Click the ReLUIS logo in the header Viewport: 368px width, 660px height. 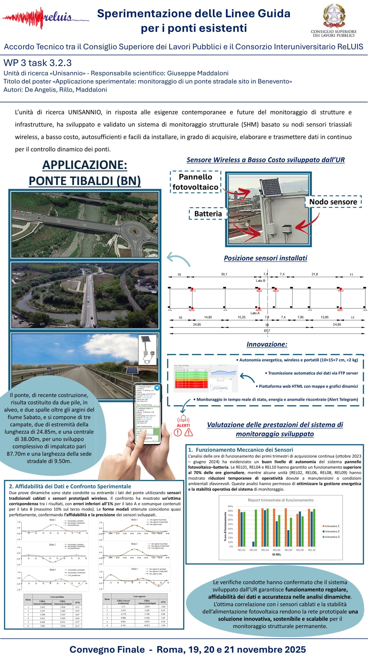pyautogui.click(x=45, y=18)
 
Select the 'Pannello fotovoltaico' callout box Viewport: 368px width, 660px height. pyautogui.click(x=195, y=182)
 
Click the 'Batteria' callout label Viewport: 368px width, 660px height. pyautogui.click(x=208, y=213)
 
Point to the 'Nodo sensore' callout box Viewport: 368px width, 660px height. pyautogui.click(x=333, y=202)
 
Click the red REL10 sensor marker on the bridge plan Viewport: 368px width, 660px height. pyautogui.click(x=192, y=289)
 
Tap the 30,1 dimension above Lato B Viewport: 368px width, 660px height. pyautogui.click(x=224, y=274)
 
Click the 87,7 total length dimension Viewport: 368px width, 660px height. pyautogui.click(x=267, y=331)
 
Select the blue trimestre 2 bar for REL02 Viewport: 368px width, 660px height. pyautogui.click(x=253, y=544)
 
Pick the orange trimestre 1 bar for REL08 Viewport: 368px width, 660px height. pyautogui.click(x=286, y=528)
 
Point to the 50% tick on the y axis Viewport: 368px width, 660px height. pyautogui.click(x=230, y=524)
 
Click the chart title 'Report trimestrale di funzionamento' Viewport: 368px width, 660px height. pyautogui.click(x=281, y=500)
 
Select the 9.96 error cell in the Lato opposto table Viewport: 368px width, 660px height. pyautogui.click(x=163, y=614)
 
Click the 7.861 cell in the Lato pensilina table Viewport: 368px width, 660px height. pyautogui.click(x=42, y=626)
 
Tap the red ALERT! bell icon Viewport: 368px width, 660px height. pyautogui.click(x=183, y=418)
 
